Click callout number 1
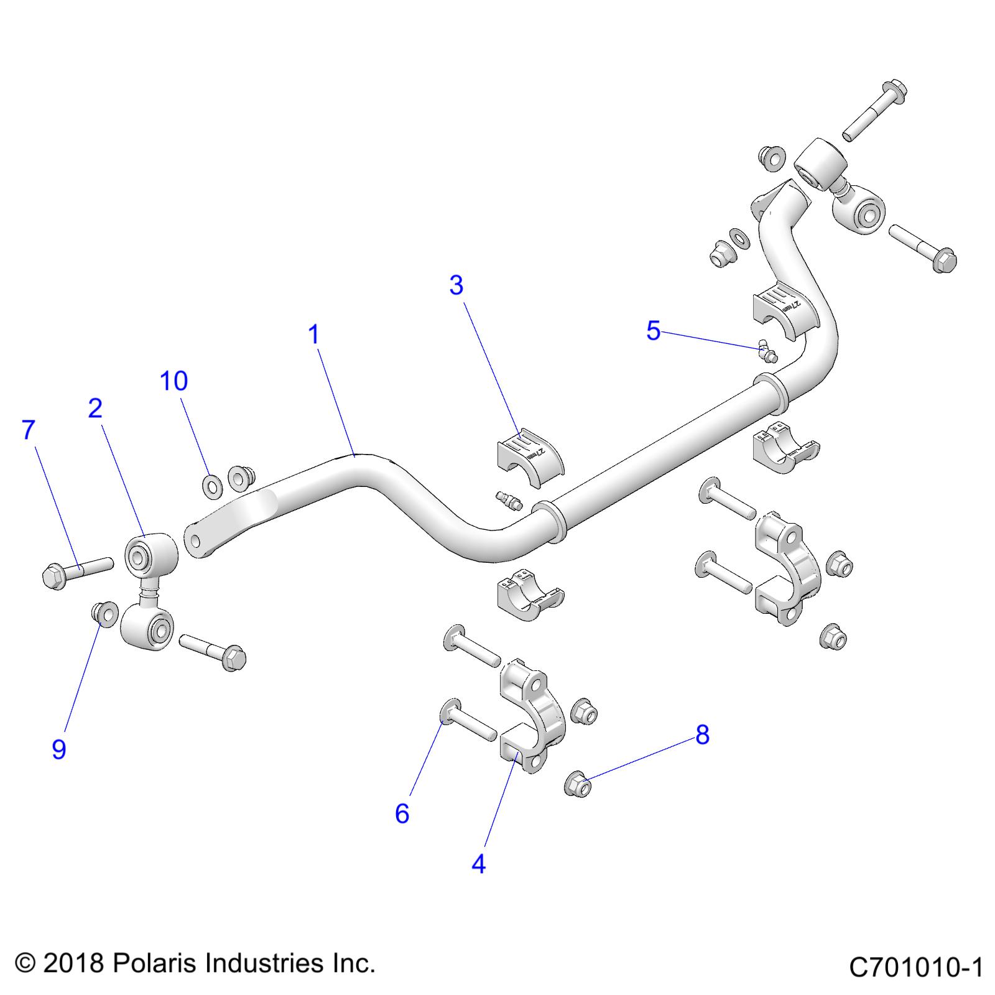pos(314,335)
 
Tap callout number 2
pos(95,409)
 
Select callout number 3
pos(456,285)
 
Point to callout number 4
pos(478,864)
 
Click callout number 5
pos(653,331)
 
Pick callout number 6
pos(402,813)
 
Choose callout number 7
pos(29,430)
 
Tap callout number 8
pos(702,735)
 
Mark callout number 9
pos(58,750)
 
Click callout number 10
pos(174,381)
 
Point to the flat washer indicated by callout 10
pos(212,484)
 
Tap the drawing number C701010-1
pos(915,968)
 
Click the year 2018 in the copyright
pos(73,964)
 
